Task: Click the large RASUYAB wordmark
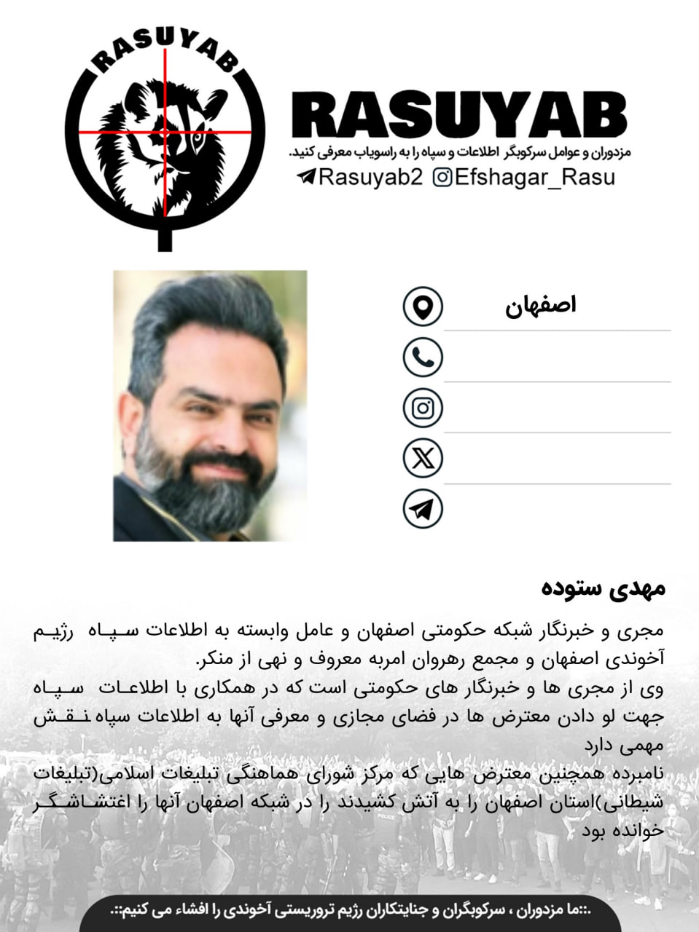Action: (x=458, y=116)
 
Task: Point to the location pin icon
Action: (x=423, y=306)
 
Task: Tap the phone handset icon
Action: (x=423, y=357)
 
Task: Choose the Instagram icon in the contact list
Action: (x=423, y=407)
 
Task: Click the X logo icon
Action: (x=423, y=458)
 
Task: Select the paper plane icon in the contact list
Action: (x=423, y=508)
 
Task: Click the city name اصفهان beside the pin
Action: (x=541, y=305)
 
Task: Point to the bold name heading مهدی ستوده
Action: (x=604, y=588)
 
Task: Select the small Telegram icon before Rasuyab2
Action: (x=306, y=177)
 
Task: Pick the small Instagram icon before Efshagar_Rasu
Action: (x=442, y=177)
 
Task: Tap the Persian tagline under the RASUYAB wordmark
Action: (x=459, y=153)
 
